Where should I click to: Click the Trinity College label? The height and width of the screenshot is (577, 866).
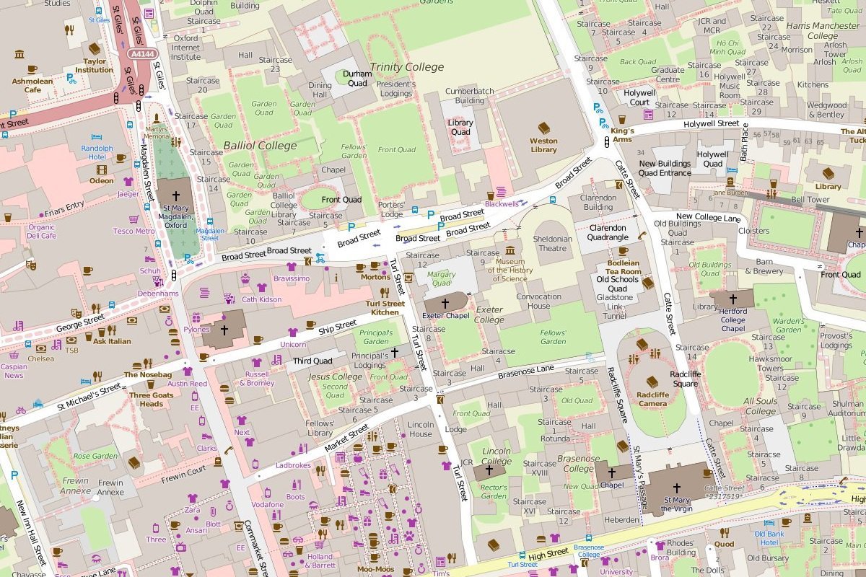pos(406,67)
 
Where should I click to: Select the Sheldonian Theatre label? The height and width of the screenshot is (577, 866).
pos(554,243)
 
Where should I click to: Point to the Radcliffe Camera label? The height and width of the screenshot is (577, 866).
pos(652,399)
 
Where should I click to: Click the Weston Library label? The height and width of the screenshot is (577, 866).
pos(543,145)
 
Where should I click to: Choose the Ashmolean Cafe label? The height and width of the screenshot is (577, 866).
pos(32,86)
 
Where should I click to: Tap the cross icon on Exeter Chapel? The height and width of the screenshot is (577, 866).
pos(445,304)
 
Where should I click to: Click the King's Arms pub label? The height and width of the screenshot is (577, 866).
pos(622,135)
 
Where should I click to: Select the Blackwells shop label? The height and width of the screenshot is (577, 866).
pos(502,204)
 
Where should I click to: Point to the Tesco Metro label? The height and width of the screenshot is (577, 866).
pos(134,231)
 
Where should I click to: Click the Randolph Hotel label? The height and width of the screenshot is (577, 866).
pos(97,152)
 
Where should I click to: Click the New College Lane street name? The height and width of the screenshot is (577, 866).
pos(708,217)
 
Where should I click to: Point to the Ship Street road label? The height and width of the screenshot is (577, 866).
pos(338,327)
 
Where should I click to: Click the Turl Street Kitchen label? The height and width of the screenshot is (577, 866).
pos(385,308)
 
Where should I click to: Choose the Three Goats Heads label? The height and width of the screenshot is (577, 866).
pos(151,400)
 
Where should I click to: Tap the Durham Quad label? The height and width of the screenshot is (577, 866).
pos(357,78)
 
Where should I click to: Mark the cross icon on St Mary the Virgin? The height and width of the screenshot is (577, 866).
pos(677,488)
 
